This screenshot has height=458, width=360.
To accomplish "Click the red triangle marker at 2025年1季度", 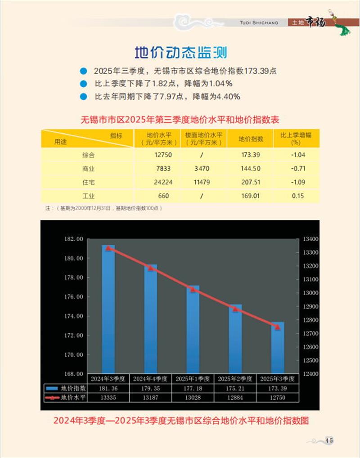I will coord(193,289).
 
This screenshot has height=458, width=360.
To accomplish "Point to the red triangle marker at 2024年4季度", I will coord(150,268).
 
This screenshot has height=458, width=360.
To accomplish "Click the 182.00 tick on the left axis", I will coord(74,239).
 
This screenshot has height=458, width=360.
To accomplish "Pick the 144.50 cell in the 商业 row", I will coord(250,168).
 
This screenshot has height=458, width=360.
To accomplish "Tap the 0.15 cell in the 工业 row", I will coord(297,196).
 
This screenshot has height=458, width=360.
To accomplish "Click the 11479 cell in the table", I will coord(204,182).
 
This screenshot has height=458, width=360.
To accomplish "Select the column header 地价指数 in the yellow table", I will coord(250,139).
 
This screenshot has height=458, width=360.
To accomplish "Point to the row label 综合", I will coord(88,155).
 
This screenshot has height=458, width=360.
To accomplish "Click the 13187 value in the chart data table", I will coord(150,398).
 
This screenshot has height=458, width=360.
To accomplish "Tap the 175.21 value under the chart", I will coord(235,388).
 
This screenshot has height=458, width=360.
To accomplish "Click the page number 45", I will coord(329,440).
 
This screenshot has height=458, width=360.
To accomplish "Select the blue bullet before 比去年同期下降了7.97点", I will coord(82,96).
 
